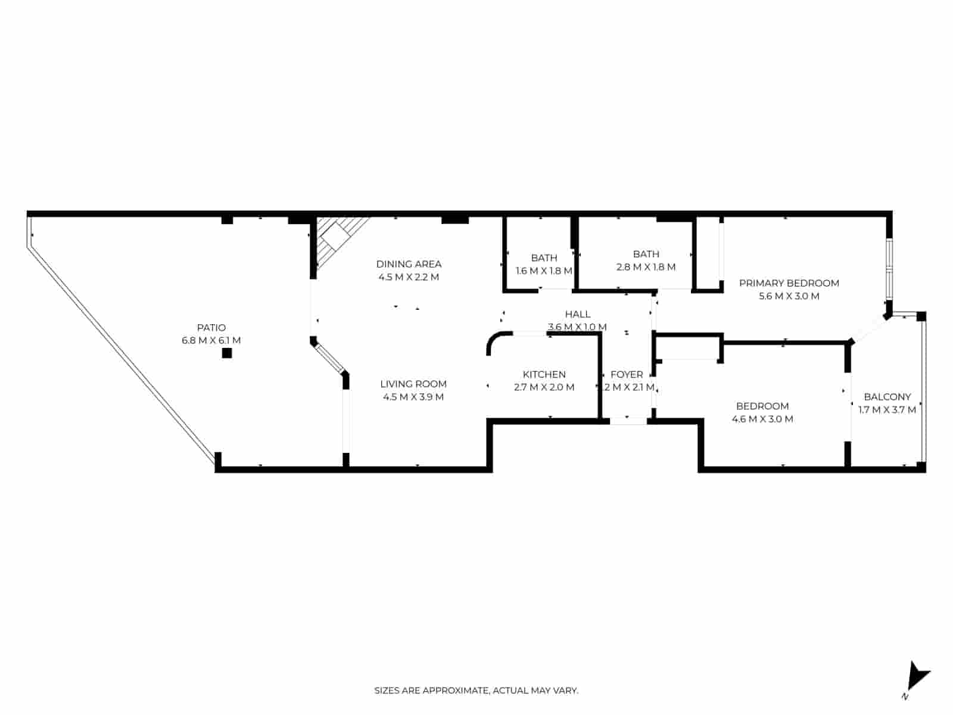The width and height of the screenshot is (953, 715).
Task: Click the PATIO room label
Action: pos(211,328)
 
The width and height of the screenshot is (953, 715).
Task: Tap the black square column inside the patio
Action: pos(226,353)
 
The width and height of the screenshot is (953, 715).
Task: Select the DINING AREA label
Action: pos(409,264)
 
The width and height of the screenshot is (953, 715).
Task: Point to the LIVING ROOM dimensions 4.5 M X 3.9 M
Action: pos(413,397)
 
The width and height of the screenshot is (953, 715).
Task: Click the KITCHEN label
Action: pos(544,374)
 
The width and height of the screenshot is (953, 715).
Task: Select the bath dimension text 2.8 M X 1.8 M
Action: pos(646,267)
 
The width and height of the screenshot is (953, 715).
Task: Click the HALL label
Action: pos(577,314)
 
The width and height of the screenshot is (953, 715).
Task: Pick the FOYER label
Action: pos(627,374)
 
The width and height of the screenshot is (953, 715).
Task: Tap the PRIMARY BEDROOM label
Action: pos(789,283)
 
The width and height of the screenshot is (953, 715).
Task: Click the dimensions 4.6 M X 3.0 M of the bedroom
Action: pos(762,419)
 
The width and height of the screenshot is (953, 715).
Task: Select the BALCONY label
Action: pos(887,396)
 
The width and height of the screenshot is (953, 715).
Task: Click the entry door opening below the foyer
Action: pos(628,421)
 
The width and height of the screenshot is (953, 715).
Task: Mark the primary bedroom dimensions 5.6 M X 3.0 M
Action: pos(789,296)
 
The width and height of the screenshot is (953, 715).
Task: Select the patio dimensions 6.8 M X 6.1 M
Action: pos(211,341)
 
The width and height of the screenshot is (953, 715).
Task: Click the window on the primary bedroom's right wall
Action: pos(889,268)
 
